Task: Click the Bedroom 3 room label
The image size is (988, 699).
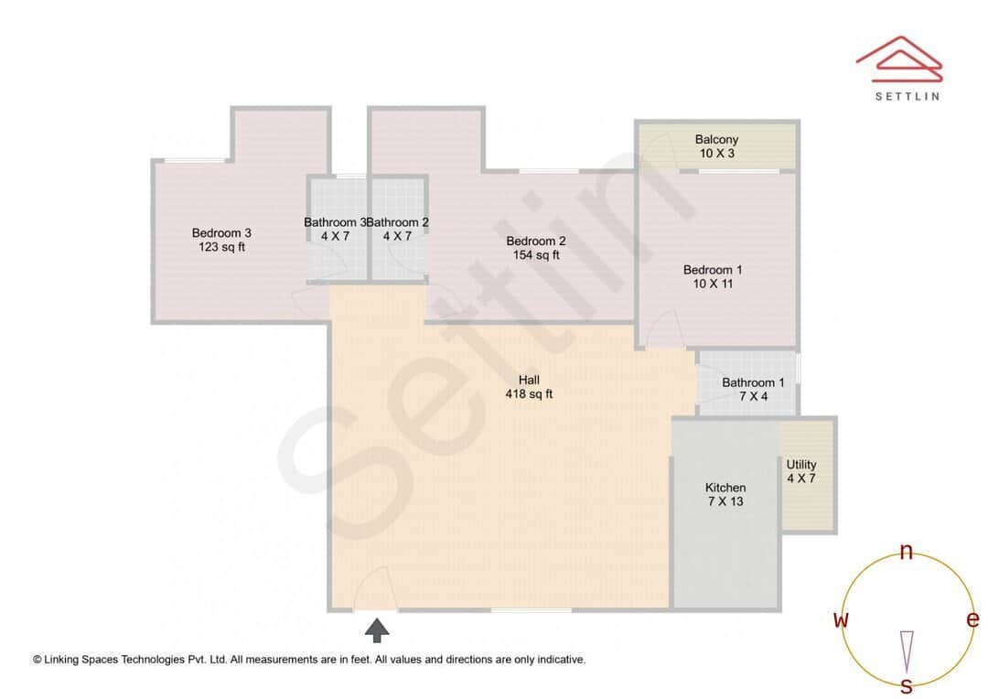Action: (x=221, y=233)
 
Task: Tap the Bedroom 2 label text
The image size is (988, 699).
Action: (x=536, y=242)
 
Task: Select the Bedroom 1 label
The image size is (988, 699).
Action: (x=713, y=270)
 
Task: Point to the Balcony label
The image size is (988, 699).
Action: (x=716, y=140)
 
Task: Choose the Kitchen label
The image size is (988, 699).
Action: (x=725, y=488)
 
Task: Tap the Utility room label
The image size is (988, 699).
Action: (x=801, y=465)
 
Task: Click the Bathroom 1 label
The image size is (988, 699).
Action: (x=753, y=382)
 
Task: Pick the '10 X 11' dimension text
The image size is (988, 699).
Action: (x=713, y=285)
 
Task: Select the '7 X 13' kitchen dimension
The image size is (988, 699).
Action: (x=725, y=501)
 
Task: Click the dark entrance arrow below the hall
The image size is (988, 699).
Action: (x=377, y=629)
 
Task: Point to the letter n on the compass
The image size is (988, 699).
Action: (x=907, y=552)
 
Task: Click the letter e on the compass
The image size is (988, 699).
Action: (x=972, y=619)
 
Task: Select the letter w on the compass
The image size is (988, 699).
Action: (x=841, y=620)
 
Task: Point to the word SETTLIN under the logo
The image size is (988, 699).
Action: (x=907, y=95)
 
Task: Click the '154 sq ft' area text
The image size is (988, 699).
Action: (x=536, y=255)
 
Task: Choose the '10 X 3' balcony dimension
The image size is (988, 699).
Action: (x=716, y=154)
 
